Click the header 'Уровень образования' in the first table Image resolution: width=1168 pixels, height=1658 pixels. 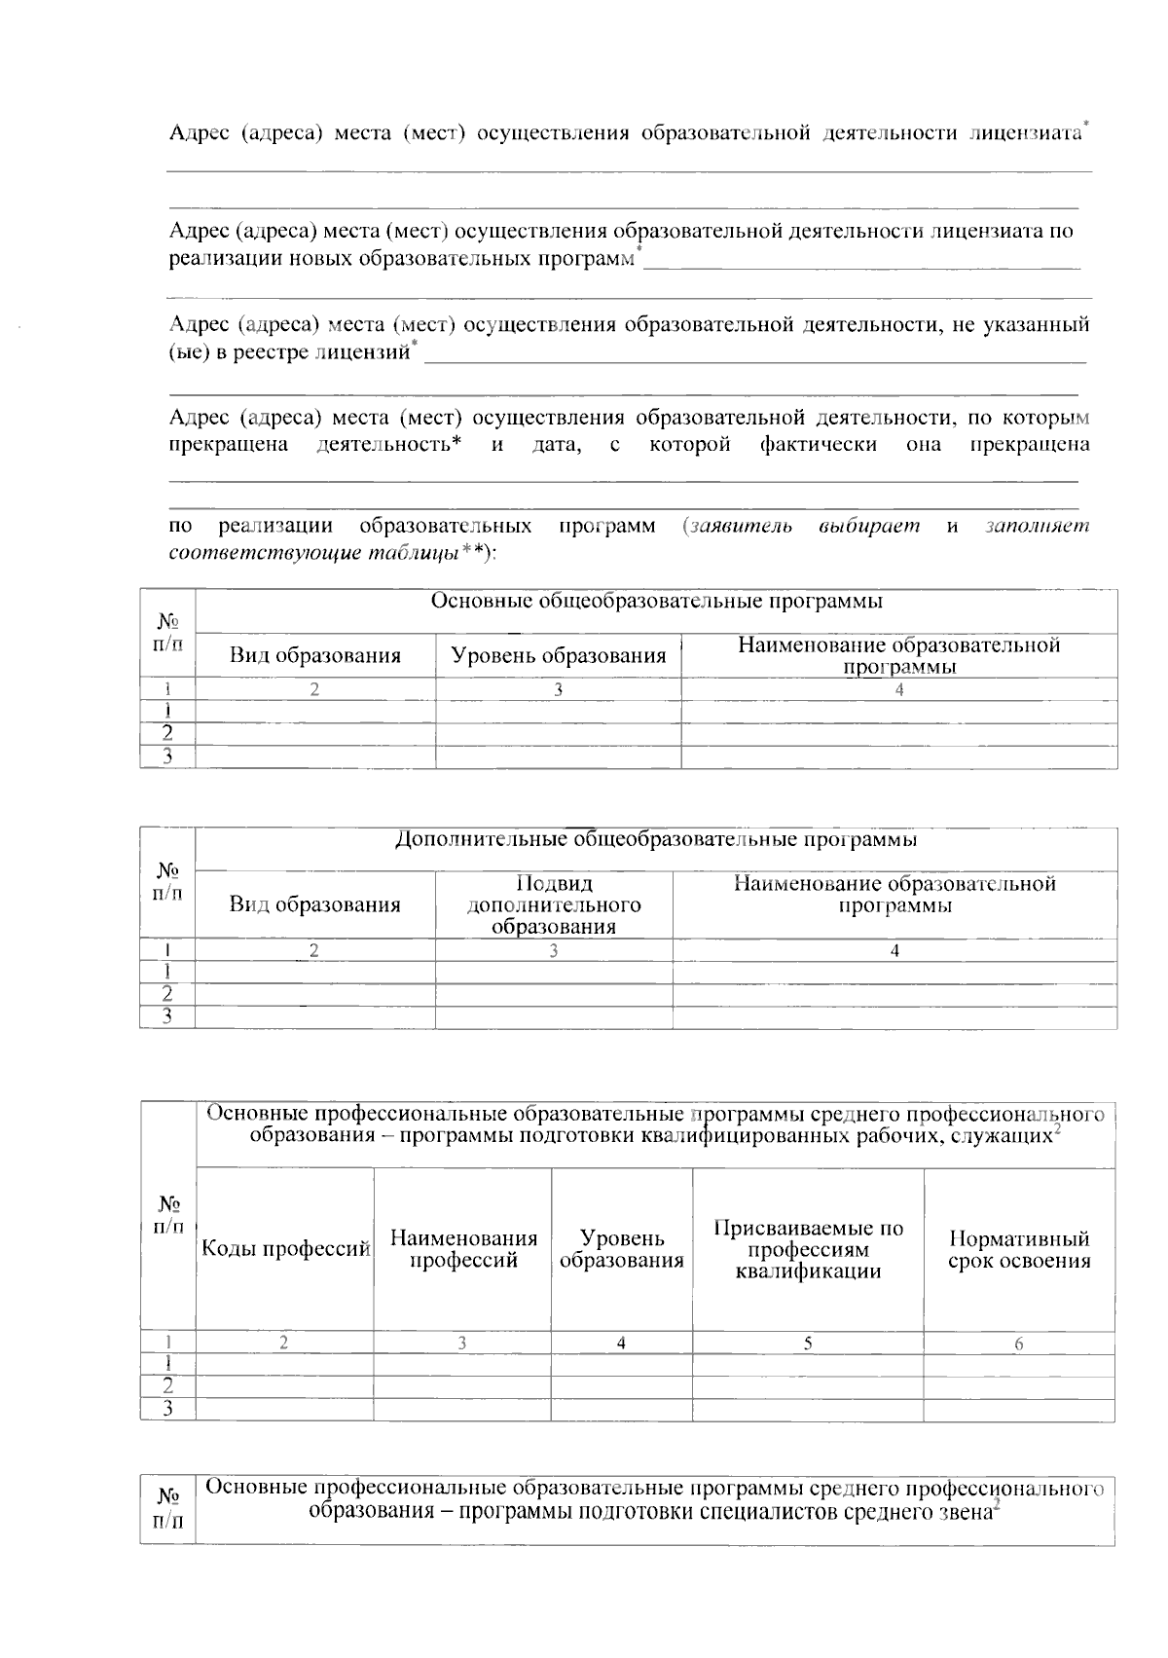click(x=558, y=655)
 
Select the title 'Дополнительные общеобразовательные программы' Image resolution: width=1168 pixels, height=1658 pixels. click(x=656, y=839)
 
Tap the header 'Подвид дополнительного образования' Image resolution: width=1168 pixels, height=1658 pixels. click(x=553, y=905)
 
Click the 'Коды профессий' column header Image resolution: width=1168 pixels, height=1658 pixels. click(x=285, y=1249)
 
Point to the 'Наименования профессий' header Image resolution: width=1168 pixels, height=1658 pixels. click(x=463, y=1249)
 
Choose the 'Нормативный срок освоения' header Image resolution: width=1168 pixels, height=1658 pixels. click(x=1018, y=1250)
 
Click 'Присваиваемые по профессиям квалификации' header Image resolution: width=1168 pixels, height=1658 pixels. click(x=808, y=1249)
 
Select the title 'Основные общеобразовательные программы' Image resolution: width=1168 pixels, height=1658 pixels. click(x=656, y=601)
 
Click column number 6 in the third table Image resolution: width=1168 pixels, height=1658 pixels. click(x=1018, y=1344)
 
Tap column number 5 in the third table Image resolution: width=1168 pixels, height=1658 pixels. click(x=808, y=1344)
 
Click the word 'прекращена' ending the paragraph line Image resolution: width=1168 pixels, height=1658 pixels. click(x=1030, y=445)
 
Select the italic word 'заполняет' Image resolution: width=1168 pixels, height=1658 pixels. click(x=1037, y=527)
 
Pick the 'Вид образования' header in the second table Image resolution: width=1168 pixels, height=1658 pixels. click(x=314, y=905)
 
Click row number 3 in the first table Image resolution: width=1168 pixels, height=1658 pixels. click(x=167, y=756)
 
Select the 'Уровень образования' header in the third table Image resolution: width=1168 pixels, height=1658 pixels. click(x=621, y=1249)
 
